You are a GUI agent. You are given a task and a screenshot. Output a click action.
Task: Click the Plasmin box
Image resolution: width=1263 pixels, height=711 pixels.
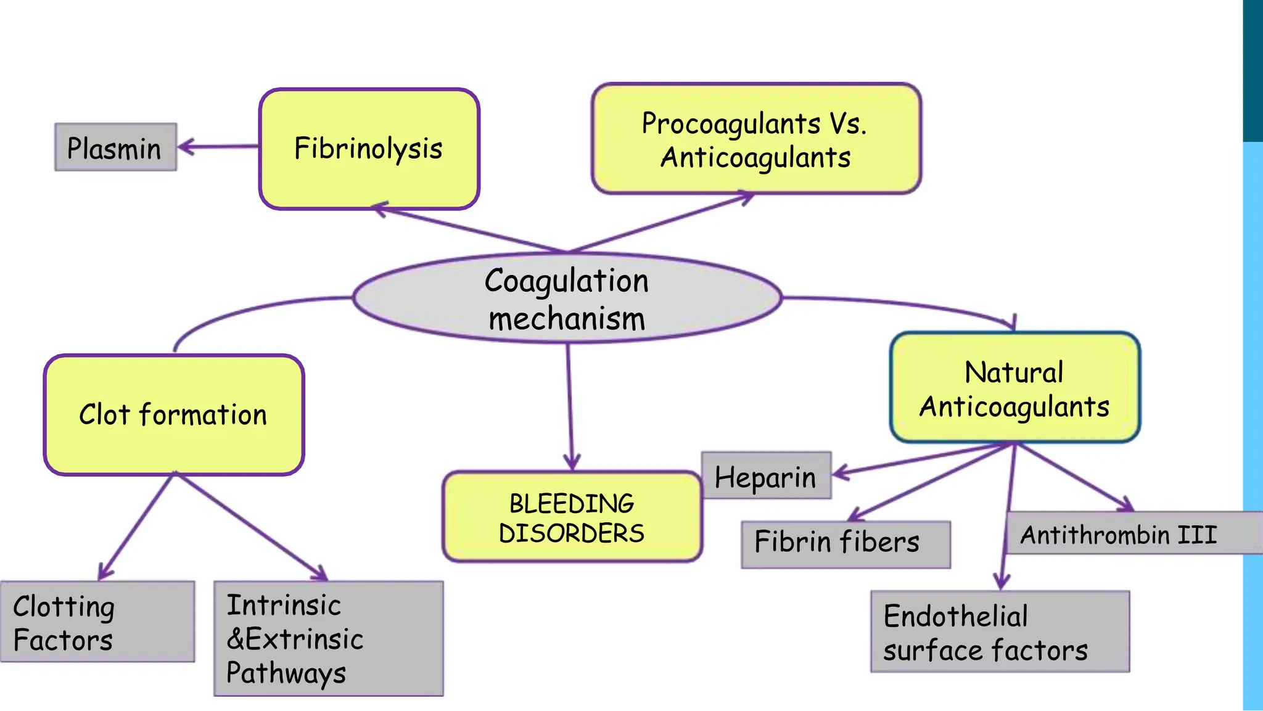pos(115,147)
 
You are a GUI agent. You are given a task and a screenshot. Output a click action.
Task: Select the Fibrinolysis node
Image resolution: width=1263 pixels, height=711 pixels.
pos(369,149)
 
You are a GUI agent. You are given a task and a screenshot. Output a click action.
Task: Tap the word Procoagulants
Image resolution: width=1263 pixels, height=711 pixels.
pos(730,124)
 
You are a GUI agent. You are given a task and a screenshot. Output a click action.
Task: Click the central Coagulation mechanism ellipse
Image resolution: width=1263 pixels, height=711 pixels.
pos(567,298)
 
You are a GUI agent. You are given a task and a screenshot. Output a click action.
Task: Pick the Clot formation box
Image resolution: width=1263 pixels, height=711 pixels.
pos(173,414)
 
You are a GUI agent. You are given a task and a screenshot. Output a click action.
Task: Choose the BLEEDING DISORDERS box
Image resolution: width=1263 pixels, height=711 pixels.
pos(572,517)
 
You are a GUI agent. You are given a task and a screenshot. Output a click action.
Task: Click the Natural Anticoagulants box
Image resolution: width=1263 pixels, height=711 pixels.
pos(1014,388)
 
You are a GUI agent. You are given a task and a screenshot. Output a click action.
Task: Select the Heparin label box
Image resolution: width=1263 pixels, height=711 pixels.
pos(766,476)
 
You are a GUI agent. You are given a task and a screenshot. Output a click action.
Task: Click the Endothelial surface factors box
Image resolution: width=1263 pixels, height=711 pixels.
pos(999,631)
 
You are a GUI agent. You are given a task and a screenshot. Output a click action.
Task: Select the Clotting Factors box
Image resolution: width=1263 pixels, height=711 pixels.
pos(97,622)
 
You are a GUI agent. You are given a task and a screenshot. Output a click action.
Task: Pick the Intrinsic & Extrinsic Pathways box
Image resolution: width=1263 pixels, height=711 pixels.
pos(328,638)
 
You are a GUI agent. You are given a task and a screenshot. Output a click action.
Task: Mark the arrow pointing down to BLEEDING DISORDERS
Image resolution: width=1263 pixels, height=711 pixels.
pos(570,407)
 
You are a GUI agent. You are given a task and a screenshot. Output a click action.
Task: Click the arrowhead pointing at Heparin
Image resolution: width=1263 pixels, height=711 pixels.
pos(840,474)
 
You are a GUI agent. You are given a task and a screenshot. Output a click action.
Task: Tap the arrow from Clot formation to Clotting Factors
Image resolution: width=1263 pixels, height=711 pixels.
pos(136,527)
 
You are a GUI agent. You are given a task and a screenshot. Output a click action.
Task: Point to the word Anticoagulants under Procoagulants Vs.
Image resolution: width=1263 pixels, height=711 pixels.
pos(755,158)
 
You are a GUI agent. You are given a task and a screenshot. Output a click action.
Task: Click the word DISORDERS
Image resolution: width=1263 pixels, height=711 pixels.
pos(572,533)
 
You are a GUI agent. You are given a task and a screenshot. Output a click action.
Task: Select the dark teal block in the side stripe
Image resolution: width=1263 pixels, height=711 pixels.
pos(1253,71)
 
